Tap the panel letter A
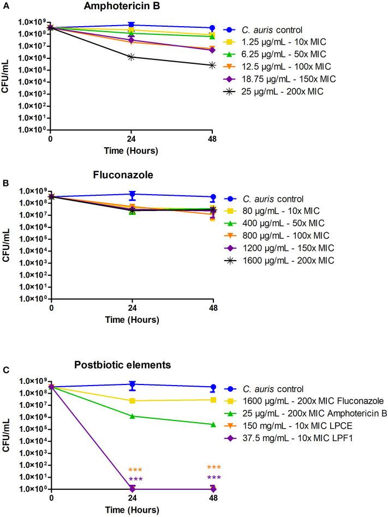4,6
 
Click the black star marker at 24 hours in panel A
132,57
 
